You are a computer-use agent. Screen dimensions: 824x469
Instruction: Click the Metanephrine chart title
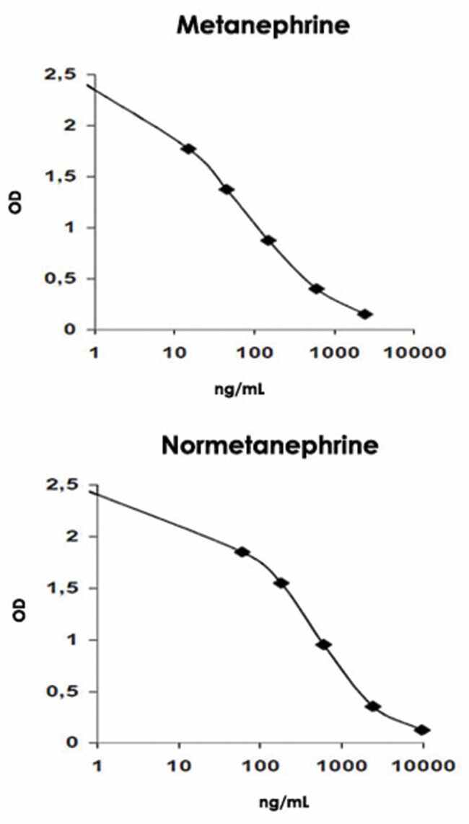pos(263,27)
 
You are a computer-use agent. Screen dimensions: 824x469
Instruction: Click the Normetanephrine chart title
pos(270,446)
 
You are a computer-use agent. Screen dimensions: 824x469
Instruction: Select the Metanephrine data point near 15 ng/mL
pos(189,149)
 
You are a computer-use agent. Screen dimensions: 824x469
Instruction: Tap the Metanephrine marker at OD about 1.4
pos(227,189)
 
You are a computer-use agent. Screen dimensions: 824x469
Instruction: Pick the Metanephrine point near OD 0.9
pos(268,240)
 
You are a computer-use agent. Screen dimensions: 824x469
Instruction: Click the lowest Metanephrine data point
pos(365,314)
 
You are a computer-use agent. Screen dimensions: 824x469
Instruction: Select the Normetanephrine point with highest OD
pos(242,552)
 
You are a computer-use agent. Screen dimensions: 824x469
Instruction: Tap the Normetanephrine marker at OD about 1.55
pos(281,583)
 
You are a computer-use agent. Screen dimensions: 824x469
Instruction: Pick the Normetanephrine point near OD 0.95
pos(324,644)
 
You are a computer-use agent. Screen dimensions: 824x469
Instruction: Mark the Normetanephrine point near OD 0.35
pos(373,706)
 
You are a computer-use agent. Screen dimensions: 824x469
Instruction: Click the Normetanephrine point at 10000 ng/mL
pos(423,730)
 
